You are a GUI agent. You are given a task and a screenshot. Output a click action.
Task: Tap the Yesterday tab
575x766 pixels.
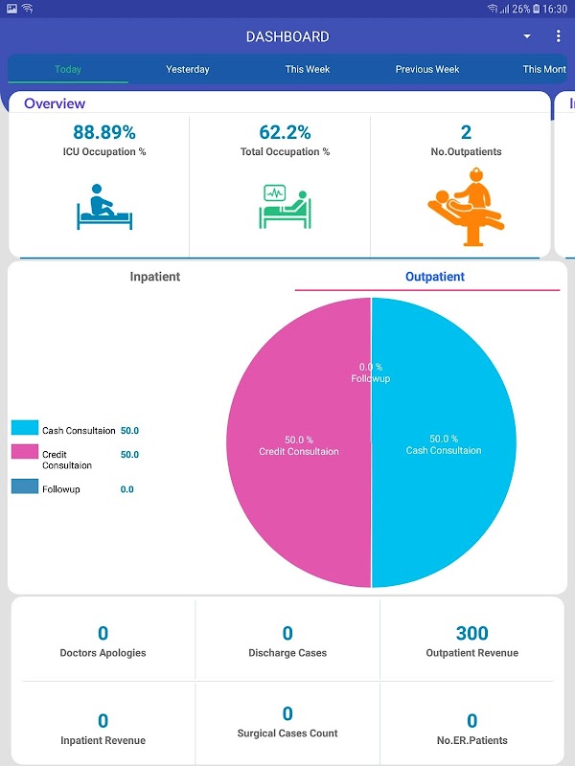[187, 69]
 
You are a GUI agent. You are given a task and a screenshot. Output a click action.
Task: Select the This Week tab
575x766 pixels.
[307, 69]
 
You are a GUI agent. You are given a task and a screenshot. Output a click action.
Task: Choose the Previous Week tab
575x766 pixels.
[427, 69]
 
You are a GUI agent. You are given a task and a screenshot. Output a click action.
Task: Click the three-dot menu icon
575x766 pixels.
[558, 36]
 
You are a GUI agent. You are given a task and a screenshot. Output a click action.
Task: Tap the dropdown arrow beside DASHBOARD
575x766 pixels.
[526, 36]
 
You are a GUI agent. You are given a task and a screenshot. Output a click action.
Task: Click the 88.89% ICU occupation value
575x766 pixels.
[103, 132]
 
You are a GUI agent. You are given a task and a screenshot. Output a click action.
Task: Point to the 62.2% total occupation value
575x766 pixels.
[285, 132]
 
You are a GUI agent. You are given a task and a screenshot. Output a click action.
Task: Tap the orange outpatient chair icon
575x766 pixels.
[465, 204]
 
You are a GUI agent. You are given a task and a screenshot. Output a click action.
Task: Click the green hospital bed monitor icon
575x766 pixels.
[286, 207]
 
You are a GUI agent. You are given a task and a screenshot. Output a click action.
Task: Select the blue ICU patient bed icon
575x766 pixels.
[103, 207]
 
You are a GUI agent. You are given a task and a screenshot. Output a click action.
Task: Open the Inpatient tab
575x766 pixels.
[154, 277]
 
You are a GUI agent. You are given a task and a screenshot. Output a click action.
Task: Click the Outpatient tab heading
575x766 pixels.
[434, 277]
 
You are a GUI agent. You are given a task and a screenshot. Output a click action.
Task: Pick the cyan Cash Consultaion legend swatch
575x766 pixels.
[25, 428]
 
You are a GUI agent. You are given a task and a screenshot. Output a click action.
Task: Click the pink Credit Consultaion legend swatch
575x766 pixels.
[25, 452]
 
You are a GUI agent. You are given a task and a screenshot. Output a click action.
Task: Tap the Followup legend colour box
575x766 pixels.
[25, 486]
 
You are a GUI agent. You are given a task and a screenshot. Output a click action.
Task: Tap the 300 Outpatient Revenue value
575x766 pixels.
[471, 633]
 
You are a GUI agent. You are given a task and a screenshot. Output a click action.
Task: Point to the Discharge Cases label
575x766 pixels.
[287, 653]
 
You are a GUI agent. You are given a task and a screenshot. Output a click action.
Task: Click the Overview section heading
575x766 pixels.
[55, 103]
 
